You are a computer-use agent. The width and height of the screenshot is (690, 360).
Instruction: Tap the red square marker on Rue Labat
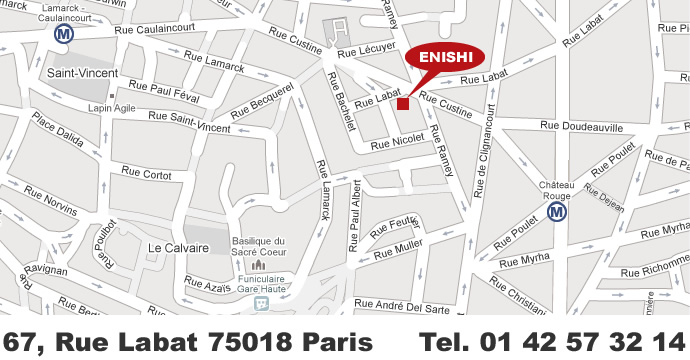coord(403,103)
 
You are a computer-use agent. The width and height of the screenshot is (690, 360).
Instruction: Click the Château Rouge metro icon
coord(558,211)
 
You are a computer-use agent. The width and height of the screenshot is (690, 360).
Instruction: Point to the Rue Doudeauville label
coord(581,127)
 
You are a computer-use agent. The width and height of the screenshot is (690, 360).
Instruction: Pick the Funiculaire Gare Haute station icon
coord(262,301)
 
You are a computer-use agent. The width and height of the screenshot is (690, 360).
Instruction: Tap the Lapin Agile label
coord(111,108)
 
